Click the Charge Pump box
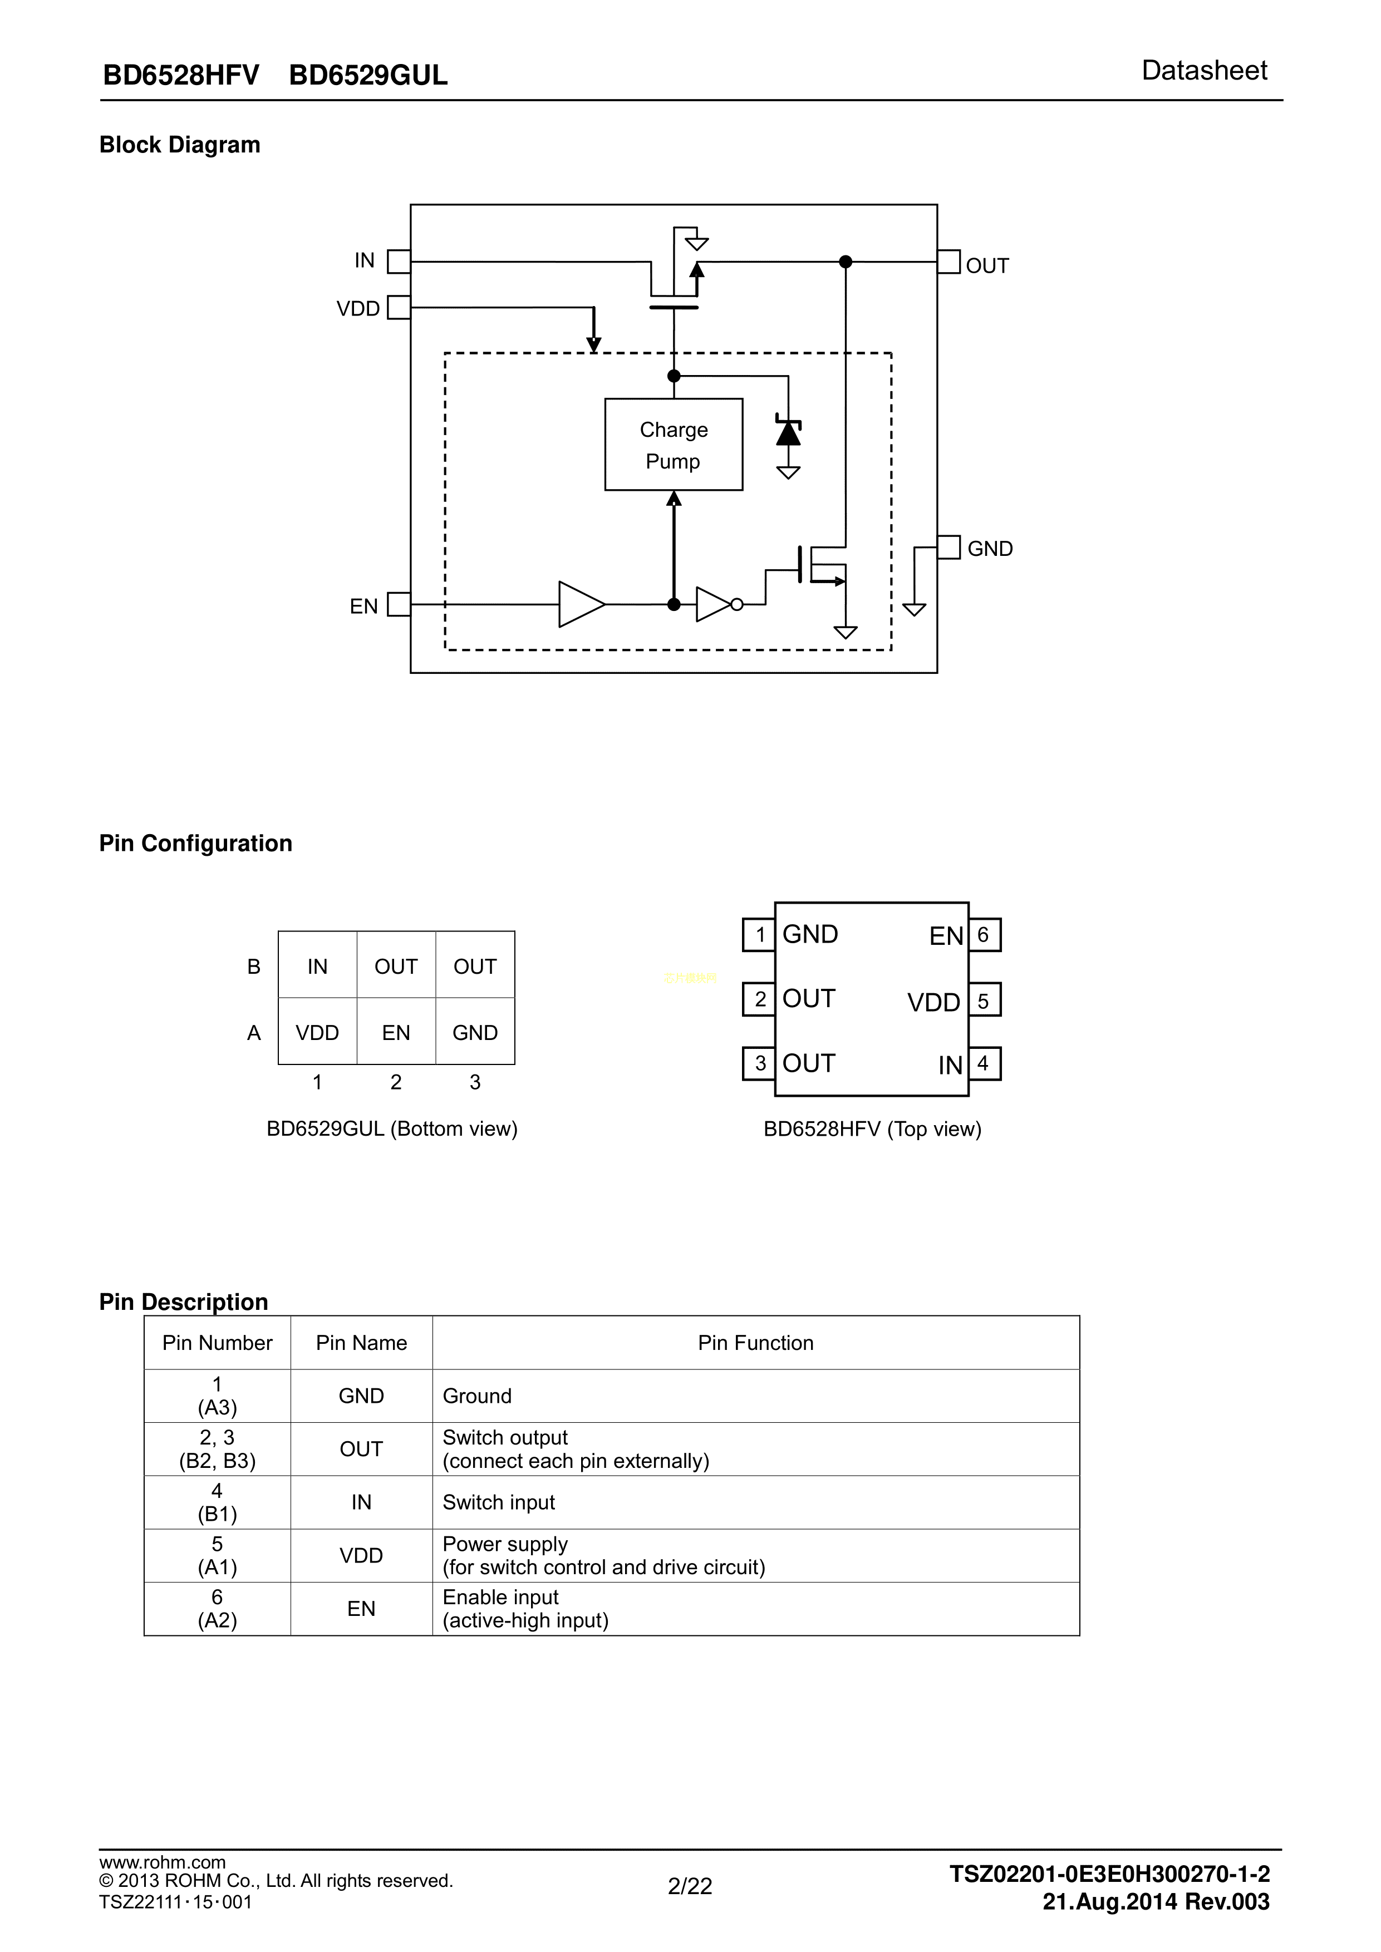click(674, 445)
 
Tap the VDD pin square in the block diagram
click(398, 307)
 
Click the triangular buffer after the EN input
click(581, 604)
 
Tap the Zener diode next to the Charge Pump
click(788, 433)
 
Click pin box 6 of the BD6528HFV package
click(984, 935)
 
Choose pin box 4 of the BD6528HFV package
click(984, 1063)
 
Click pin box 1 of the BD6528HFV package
click(759, 935)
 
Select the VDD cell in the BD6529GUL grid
click(317, 1032)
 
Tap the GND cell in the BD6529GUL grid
click(474, 1032)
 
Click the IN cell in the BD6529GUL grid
click(317, 966)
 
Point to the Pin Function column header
click(755, 1343)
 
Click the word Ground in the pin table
click(477, 1396)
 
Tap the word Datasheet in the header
click(1203, 71)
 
